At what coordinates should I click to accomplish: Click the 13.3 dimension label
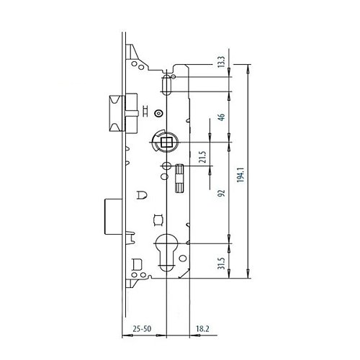[x=222, y=61]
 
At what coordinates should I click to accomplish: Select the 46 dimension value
[x=222, y=117]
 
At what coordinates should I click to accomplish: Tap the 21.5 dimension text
[x=203, y=157]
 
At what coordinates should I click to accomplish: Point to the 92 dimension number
[x=222, y=193]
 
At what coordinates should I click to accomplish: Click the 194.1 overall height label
[x=240, y=174]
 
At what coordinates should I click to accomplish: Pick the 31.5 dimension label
[x=222, y=263]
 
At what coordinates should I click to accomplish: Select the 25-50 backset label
[x=142, y=328]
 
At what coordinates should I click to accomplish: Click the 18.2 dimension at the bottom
[x=202, y=328]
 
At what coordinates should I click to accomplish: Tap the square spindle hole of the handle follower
[x=166, y=143]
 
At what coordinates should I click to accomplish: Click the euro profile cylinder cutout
[x=166, y=251]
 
